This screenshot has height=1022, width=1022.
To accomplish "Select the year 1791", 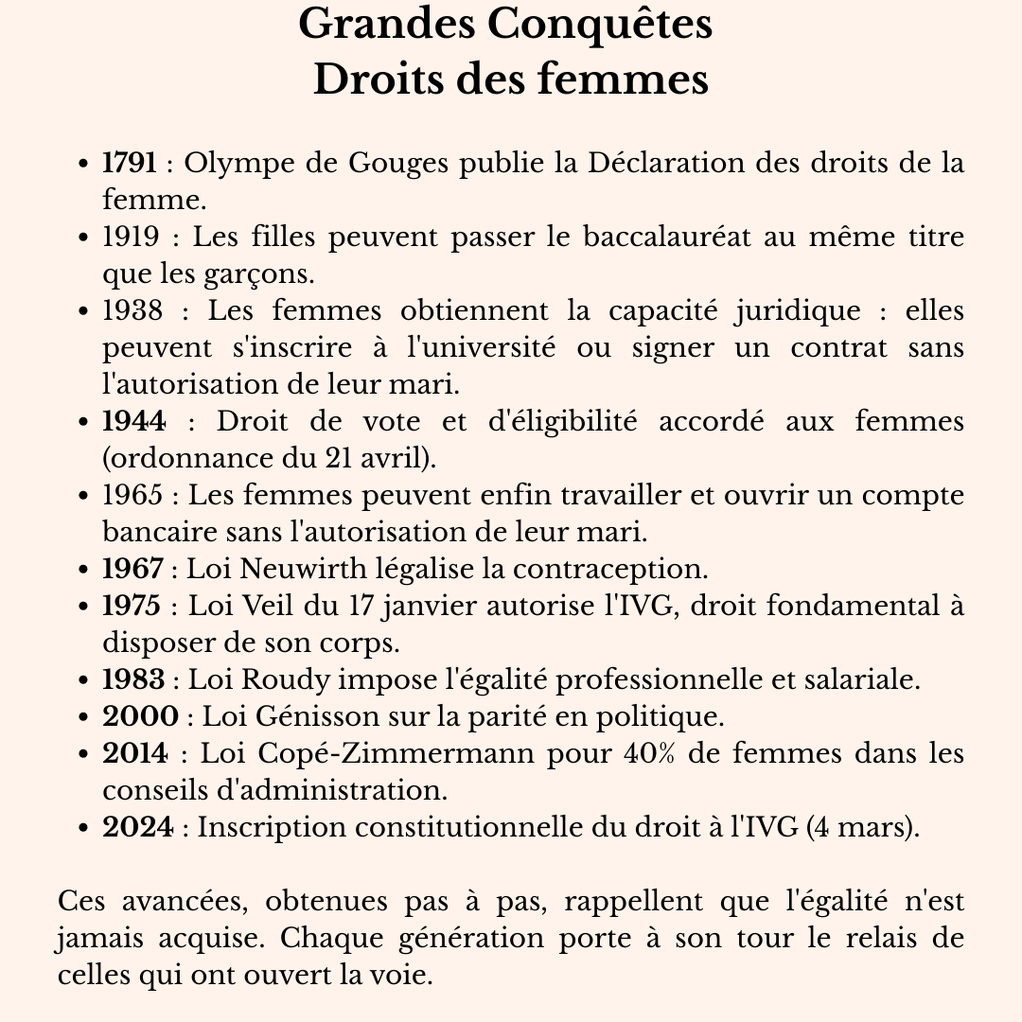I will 130,163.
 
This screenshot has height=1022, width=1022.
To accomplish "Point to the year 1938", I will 132,310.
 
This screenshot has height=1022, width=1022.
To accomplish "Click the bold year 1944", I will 134,421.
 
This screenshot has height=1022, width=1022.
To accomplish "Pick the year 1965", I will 132,495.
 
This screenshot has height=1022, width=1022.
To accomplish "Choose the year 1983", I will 133,679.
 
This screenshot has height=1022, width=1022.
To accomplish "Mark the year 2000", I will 140,716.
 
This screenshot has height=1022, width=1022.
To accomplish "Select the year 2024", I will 138,827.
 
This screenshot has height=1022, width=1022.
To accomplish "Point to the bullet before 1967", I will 85,570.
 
